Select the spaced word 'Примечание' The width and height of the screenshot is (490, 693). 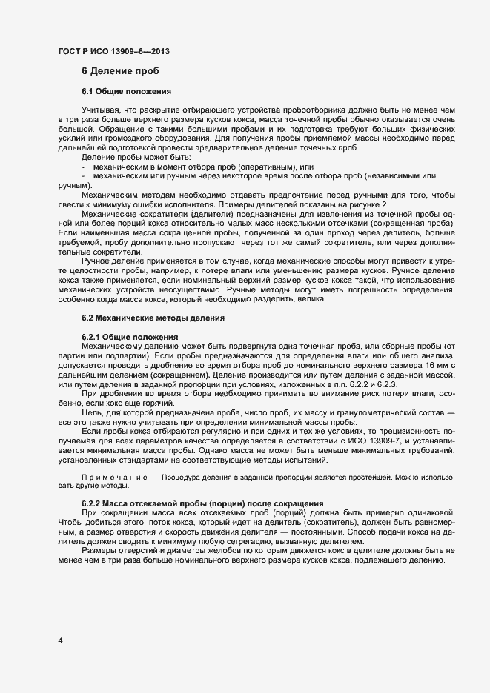[x=116, y=478]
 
